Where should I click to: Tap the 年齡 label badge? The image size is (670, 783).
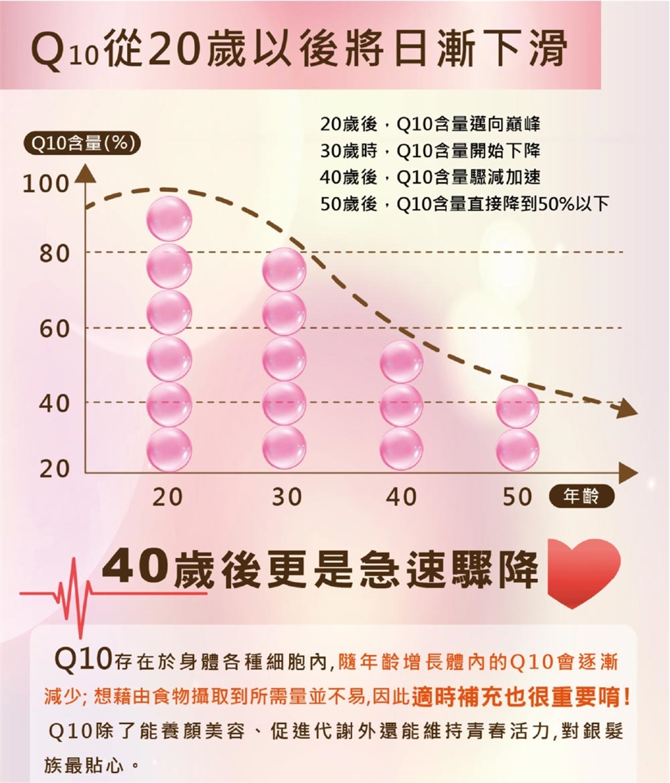pyautogui.click(x=582, y=497)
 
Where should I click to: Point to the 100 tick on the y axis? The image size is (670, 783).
pyautogui.click(x=46, y=184)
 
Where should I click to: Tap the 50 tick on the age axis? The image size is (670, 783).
pyautogui.click(x=517, y=497)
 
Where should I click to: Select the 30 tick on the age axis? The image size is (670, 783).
pyautogui.click(x=287, y=497)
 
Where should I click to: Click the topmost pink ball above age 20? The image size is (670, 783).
pyautogui.click(x=169, y=219)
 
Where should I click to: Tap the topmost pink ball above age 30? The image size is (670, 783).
pyautogui.click(x=284, y=270)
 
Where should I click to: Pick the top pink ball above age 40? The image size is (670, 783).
pyautogui.click(x=401, y=361)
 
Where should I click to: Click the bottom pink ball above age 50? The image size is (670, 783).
pyautogui.click(x=517, y=449)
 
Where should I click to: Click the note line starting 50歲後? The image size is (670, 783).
pyautogui.click(x=465, y=205)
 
